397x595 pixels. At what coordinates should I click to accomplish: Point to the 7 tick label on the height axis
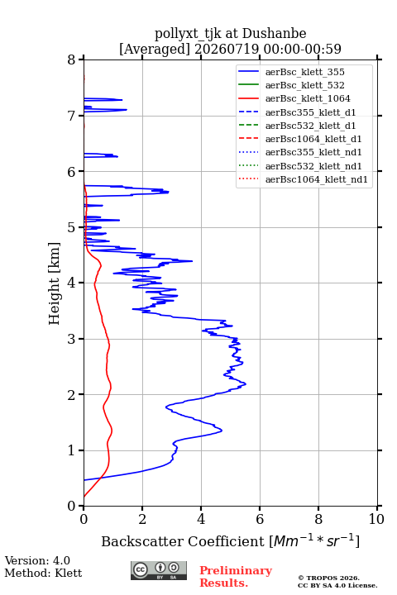(71, 116)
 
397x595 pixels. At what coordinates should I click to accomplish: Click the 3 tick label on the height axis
(71, 339)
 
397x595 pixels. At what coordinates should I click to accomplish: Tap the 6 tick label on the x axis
(260, 519)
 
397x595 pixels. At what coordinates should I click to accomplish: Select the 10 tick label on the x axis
(376, 519)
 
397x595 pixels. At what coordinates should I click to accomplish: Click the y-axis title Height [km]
(54, 283)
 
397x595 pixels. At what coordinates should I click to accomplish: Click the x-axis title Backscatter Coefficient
(183, 541)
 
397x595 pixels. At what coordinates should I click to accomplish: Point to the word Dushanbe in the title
(274, 34)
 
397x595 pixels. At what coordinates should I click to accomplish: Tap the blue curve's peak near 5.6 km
(168, 192)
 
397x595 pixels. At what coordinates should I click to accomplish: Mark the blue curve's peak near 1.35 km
(222, 431)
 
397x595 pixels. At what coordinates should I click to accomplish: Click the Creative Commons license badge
(159, 571)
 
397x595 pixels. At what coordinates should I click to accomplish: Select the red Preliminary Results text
(236, 577)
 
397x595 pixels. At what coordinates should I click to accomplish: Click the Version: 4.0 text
(37, 561)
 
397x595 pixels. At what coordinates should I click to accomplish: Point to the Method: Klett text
(43, 573)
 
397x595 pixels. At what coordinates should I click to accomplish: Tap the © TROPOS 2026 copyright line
(329, 578)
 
